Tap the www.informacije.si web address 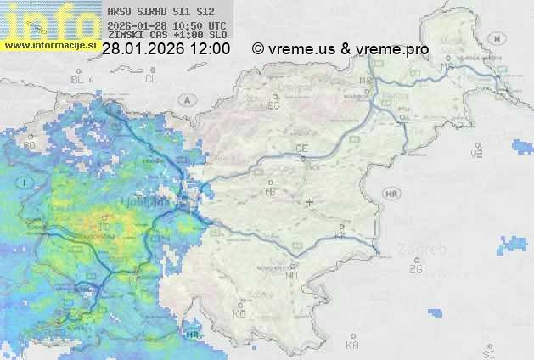coord(48,44)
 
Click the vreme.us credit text coord(301,49)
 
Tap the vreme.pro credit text coord(392,49)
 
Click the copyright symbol coord(258,49)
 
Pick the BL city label coord(79,79)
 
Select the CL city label coord(151,79)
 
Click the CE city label coord(301,149)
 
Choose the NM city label coord(293,275)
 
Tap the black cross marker coord(309,202)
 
